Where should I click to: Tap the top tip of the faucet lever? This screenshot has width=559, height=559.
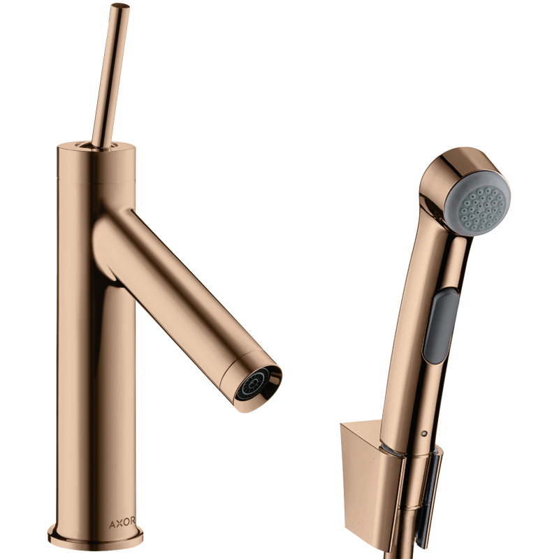[120, 6]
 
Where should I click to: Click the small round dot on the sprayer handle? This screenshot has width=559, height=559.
[424, 434]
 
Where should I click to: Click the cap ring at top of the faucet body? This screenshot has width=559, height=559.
[96, 162]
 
